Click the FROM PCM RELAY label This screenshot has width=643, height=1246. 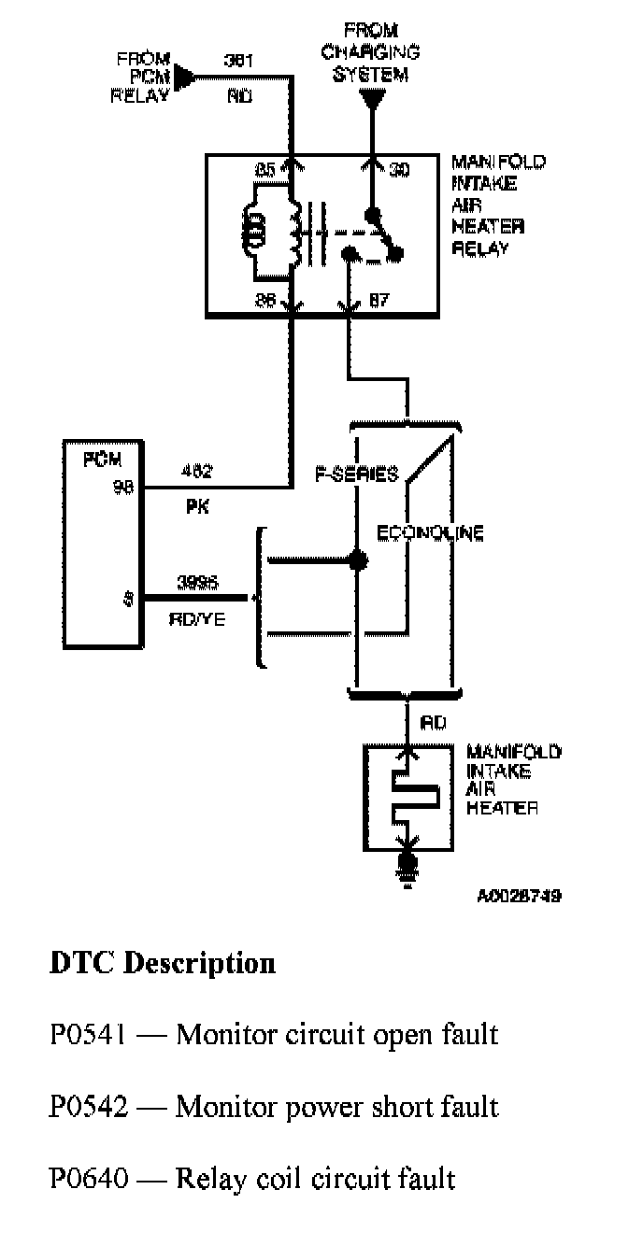[x=142, y=77]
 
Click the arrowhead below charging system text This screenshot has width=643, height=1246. [x=372, y=96]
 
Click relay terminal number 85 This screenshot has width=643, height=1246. [x=266, y=170]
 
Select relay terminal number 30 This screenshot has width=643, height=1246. [x=399, y=170]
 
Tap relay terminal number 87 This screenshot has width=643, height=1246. [x=379, y=301]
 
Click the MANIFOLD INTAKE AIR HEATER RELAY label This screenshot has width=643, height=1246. [x=499, y=205]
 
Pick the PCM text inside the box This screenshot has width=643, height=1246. [x=101, y=460]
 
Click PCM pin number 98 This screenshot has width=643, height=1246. [x=121, y=485]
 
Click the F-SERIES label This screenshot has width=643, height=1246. [x=356, y=474]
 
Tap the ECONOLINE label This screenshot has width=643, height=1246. [x=431, y=533]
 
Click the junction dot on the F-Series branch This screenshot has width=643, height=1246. [x=356, y=560]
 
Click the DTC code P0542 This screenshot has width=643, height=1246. [x=90, y=1107]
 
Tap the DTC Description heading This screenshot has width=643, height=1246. [x=162, y=962]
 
